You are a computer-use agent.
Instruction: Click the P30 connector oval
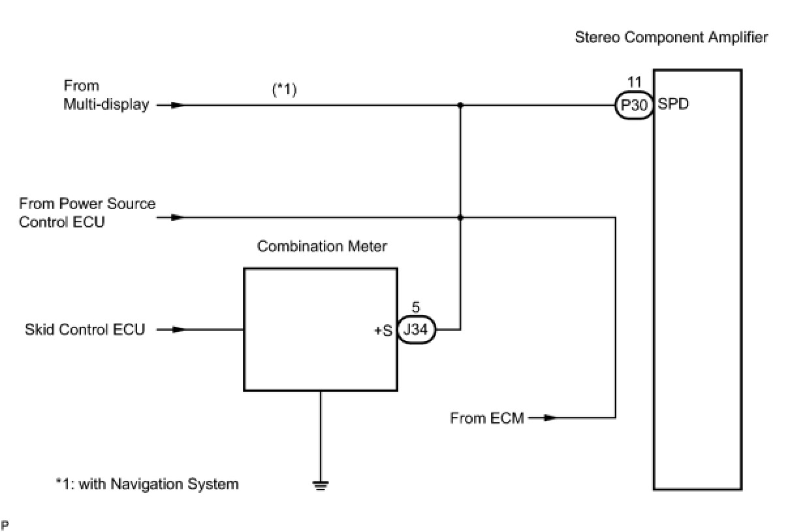[634, 105]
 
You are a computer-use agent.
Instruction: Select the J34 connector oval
[416, 330]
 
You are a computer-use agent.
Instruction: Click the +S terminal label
[383, 331]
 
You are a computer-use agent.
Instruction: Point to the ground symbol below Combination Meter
[320, 484]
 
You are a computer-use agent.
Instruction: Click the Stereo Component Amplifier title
[671, 37]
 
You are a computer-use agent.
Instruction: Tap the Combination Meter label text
[322, 246]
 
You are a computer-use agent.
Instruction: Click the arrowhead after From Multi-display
[178, 105]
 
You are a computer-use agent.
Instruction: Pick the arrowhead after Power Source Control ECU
[178, 217]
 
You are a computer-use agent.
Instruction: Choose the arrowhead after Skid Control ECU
[179, 329]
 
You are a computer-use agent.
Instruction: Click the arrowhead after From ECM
[550, 418]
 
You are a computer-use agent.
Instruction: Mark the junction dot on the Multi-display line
[461, 105]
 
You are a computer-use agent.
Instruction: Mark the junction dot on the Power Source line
[461, 217]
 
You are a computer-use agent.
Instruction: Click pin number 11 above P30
[634, 82]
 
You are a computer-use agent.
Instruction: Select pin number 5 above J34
[416, 307]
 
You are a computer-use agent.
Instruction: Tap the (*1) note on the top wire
[284, 90]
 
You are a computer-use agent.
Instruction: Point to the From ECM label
[487, 418]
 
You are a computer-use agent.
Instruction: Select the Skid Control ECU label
[85, 329]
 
